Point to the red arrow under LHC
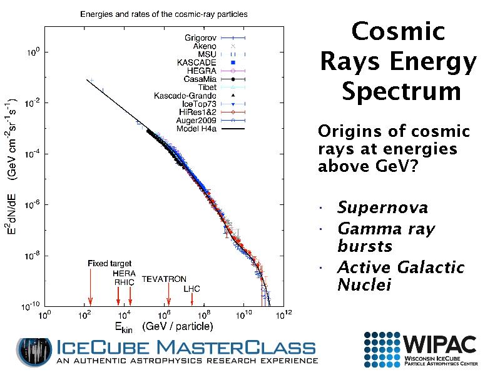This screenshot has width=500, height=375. [x=191, y=299]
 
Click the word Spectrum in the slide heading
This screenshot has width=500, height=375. [x=398, y=91]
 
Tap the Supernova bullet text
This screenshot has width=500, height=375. [x=382, y=207]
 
